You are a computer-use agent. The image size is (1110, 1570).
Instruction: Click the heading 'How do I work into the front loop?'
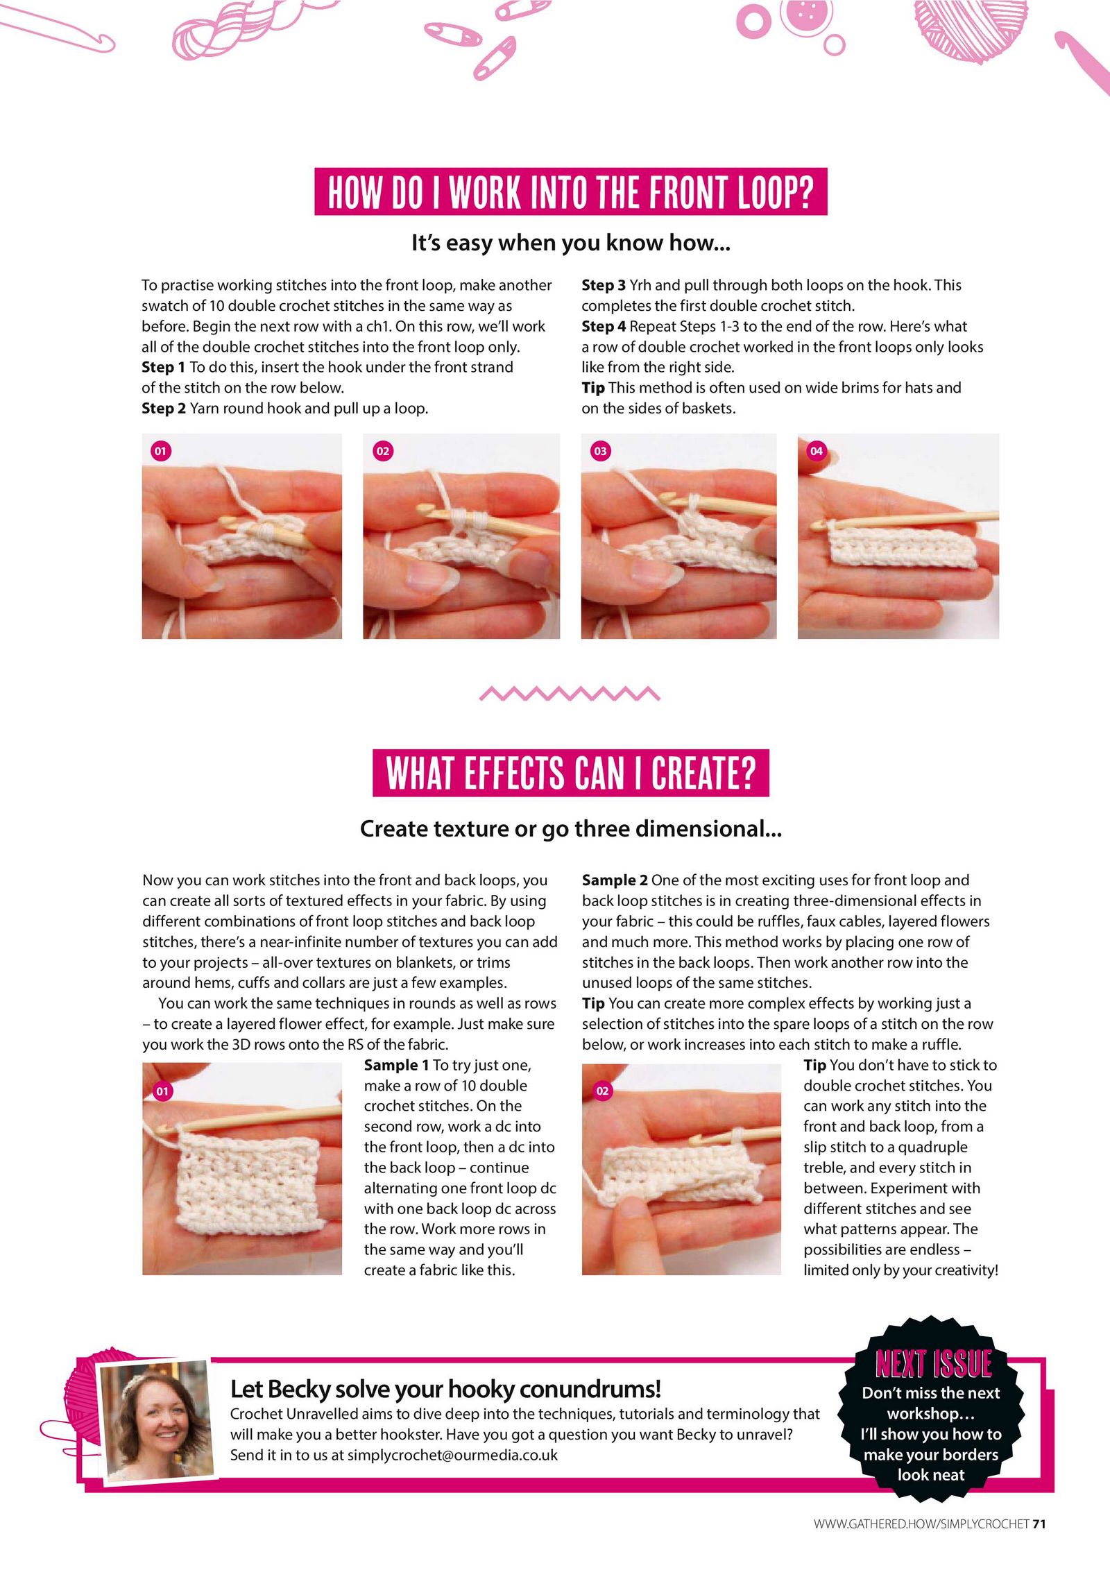[x=570, y=191]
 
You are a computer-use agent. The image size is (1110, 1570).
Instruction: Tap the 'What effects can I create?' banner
[x=570, y=773]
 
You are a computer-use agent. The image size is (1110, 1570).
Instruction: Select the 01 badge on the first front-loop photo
[x=160, y=451]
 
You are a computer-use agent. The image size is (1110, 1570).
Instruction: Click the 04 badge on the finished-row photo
[x=817, y=451]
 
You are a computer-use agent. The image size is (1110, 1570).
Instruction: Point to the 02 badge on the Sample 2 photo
[x=602, y=1091]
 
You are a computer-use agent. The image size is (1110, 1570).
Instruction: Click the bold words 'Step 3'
[x=604, y=285]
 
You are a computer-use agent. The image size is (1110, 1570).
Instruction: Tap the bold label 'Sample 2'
[x=615, y=880]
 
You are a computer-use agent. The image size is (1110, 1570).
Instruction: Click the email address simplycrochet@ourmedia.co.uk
[x=452, y=1455]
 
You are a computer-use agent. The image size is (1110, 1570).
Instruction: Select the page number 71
[x=1039, y=1524]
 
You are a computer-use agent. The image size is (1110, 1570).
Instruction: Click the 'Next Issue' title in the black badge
[x=933, y=1364]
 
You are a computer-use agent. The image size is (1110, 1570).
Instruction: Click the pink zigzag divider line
[x=570, y=693]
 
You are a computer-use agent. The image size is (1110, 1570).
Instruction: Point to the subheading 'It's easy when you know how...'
[x=570, y=243]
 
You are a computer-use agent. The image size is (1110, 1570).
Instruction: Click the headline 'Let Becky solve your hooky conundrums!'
[x=445, y=1389]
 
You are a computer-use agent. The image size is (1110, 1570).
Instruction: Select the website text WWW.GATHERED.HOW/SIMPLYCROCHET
[x=921, y=1524]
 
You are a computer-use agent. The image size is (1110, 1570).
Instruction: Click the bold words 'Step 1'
[x=164, y=368]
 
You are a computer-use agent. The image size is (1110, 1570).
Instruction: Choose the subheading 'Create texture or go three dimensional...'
[x=570, y=829]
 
